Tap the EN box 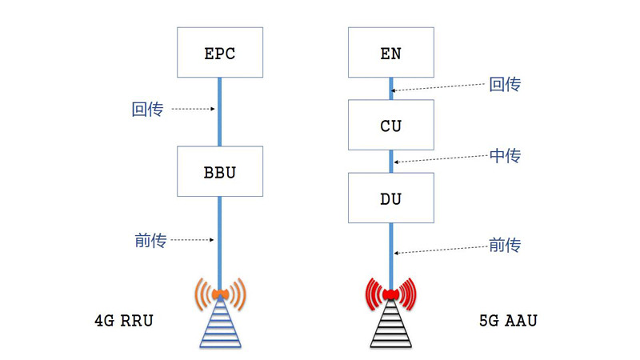390,54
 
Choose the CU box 390,125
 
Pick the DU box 390,198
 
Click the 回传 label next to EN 505,83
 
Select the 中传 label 505,156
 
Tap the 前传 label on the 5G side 505,245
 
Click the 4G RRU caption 123,322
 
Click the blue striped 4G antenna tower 219,326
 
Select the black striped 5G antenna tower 390,326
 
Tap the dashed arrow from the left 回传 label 193,109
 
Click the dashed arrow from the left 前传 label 193,239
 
